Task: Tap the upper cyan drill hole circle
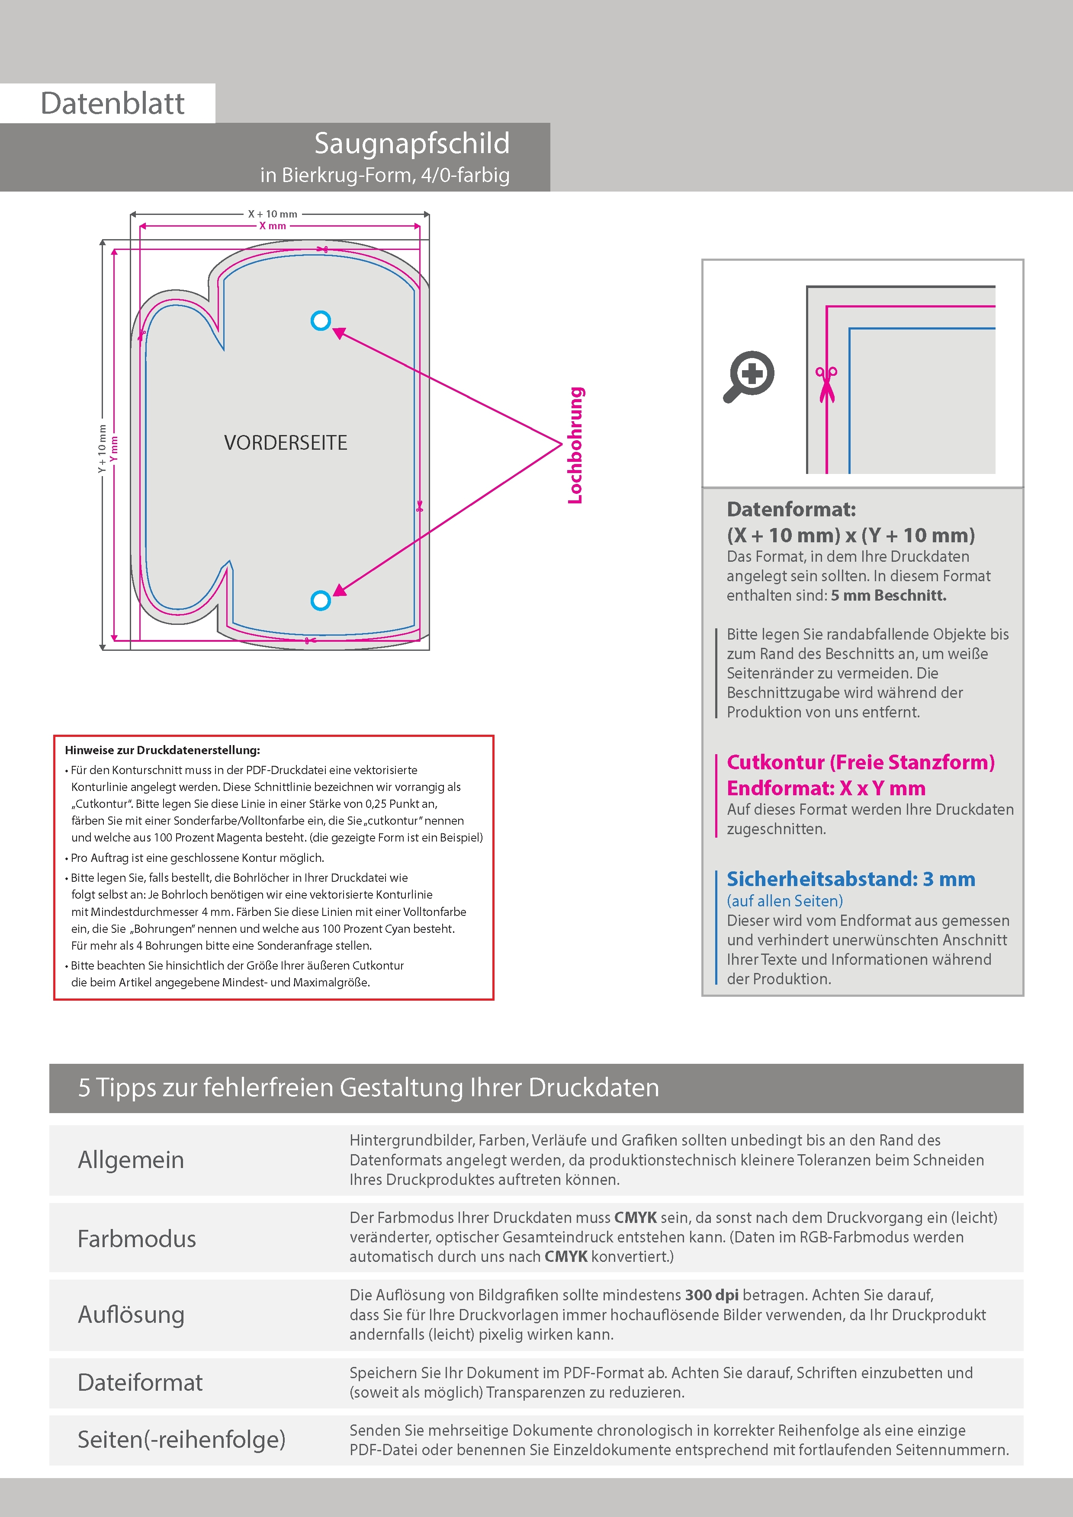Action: pos(321,321)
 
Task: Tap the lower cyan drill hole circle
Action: pos(321,601)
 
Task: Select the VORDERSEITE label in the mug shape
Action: pos(286,443)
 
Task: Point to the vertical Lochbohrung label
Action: pos(576,445)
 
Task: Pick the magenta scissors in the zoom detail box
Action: pos(826,383)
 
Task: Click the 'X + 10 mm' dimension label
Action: pos(273,214)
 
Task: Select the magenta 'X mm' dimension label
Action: pos(273,226)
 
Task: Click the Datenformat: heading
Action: pos(791,509)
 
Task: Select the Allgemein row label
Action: pos(131,1159)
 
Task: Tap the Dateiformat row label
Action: pos(140,1382)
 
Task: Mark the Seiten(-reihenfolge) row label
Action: pos(181,1439)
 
